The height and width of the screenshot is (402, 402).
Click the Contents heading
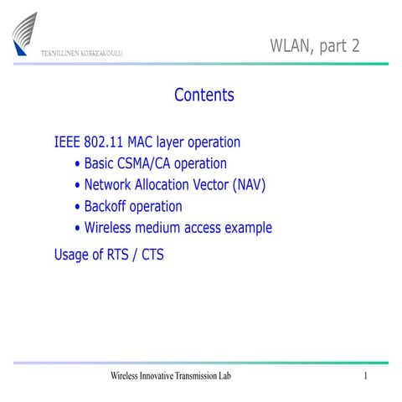pyautogui.click(x=204, y=95)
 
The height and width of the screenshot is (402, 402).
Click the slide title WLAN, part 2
pyautogui.click(x=314, y=45)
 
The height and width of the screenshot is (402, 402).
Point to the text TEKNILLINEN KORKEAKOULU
pyautogui.click(x=82, y=54)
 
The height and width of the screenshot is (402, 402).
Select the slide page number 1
pyautogui.click(x=366, y=376)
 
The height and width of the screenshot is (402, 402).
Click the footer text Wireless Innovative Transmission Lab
pyautogui.click(x=170, y=376)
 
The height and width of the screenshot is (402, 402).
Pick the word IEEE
pyautogui.click(x=68, y=142)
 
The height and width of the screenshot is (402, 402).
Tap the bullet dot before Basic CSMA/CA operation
pyautogui.click(x=78, y=164)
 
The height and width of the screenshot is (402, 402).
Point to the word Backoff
pyautogui.click(x=110, y=206)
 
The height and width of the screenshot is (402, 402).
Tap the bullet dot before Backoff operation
pyautogui.click(x=78, y=207)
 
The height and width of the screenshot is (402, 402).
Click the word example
pyautogui.click(x=246, y=229)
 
